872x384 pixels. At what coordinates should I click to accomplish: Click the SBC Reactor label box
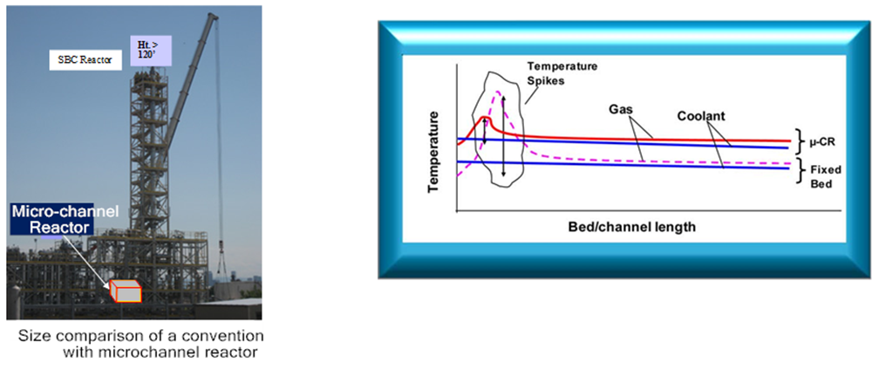pyautogui.click(x=85, y=60)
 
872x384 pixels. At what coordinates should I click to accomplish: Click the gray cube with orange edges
pyautogui.click(x=125, y=291)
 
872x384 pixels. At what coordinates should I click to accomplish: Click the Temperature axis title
pyautogui.click(x=434, y=151)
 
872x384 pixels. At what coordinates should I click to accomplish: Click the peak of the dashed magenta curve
pyautogui.click(x=498, y=92)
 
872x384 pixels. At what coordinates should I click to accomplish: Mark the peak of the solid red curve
pyautogui.click(x=486, y=116)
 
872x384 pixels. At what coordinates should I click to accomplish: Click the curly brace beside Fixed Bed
pyautogui.click(x=798, y=169)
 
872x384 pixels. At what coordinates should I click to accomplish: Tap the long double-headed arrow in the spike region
pyautogui.click(x=503, y=136)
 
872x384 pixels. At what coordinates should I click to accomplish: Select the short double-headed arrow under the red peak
pyautogui.click(x=484, y=131)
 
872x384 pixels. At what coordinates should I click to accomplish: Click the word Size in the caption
pyautogui.click(x=30, y=337)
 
